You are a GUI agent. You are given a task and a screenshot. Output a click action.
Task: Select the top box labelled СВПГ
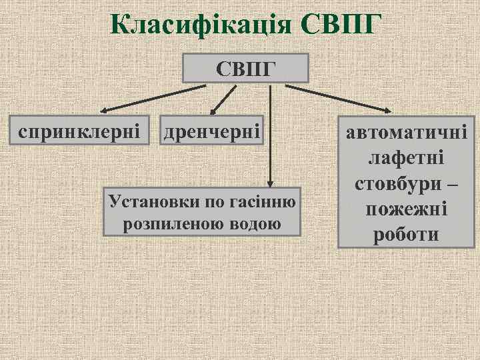click(246, 68)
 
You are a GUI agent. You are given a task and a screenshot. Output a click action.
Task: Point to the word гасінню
click(264, 201)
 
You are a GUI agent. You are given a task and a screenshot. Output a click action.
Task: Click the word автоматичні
click(406, 133)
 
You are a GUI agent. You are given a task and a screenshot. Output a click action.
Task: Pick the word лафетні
click(406, 159)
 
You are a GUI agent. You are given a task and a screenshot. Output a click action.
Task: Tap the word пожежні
click(406, 209)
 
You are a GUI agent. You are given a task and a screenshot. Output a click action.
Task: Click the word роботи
click(406, 235)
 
